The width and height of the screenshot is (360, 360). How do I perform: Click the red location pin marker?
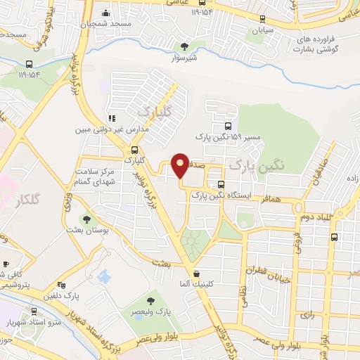pyautogui.click(x=181, y=166)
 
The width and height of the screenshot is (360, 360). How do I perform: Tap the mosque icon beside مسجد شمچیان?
pyautogui.click(x=106, y=13)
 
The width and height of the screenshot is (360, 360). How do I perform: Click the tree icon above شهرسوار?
pyautogui.click(x=185, y=46)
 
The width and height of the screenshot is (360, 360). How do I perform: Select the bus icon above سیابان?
pyautogui.click(x=262, y=20)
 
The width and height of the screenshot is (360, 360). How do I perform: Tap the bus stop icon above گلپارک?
pyautogui.click(x=134, y=149)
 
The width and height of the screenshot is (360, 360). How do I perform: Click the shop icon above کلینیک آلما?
pyautogui.click(x=196, y=274)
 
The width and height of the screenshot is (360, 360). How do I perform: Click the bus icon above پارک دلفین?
pyautogui.click(x=62, y=285)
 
